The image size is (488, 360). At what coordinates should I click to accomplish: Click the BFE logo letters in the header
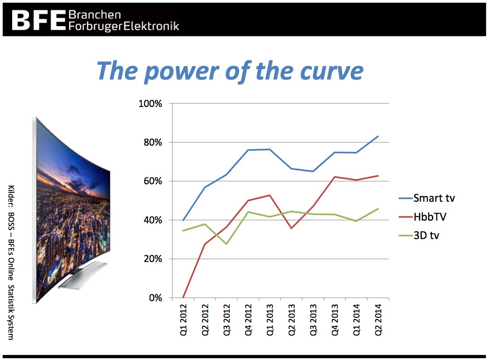pos(39,20)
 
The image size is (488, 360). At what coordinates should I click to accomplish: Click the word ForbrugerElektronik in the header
pos(124,26)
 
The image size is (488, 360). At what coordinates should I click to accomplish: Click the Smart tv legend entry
pos(427,198)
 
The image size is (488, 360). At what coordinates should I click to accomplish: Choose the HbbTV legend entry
pos(422,217)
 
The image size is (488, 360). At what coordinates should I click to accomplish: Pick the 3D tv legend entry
pos(419,236)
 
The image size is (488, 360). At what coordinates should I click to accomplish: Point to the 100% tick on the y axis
pos(150,103)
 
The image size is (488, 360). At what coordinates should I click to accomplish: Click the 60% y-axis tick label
pos(152,181)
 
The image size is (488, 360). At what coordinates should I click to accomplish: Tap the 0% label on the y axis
pos(155,298)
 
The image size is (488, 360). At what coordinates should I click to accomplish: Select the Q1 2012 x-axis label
pos(184,320)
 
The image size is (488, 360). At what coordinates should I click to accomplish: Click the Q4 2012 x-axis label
pos(248,320)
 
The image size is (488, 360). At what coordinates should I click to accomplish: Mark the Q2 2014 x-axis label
pos(378,320)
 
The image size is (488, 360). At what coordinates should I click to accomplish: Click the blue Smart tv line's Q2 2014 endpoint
pos(378,136)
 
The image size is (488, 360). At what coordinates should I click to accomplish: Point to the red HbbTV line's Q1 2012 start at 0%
pos(183,298)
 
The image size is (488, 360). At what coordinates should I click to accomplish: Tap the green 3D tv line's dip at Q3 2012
pos(226,244)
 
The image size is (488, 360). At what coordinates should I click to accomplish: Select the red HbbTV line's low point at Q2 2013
pos(291,228)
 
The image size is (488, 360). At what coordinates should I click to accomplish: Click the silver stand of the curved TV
pos(83,275)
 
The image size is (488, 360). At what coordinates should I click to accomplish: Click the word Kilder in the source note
pos(11,196)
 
